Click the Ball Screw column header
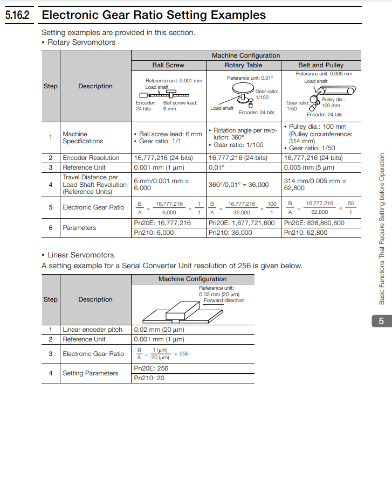168,65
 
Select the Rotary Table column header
243,65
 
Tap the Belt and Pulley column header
321,65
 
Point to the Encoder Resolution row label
91,158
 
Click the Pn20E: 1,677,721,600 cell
242,223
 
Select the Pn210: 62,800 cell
306,233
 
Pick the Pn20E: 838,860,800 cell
314,223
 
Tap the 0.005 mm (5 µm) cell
309,167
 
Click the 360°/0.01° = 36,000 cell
238,185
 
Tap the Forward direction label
224,301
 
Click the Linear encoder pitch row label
92,330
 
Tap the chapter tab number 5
381,322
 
